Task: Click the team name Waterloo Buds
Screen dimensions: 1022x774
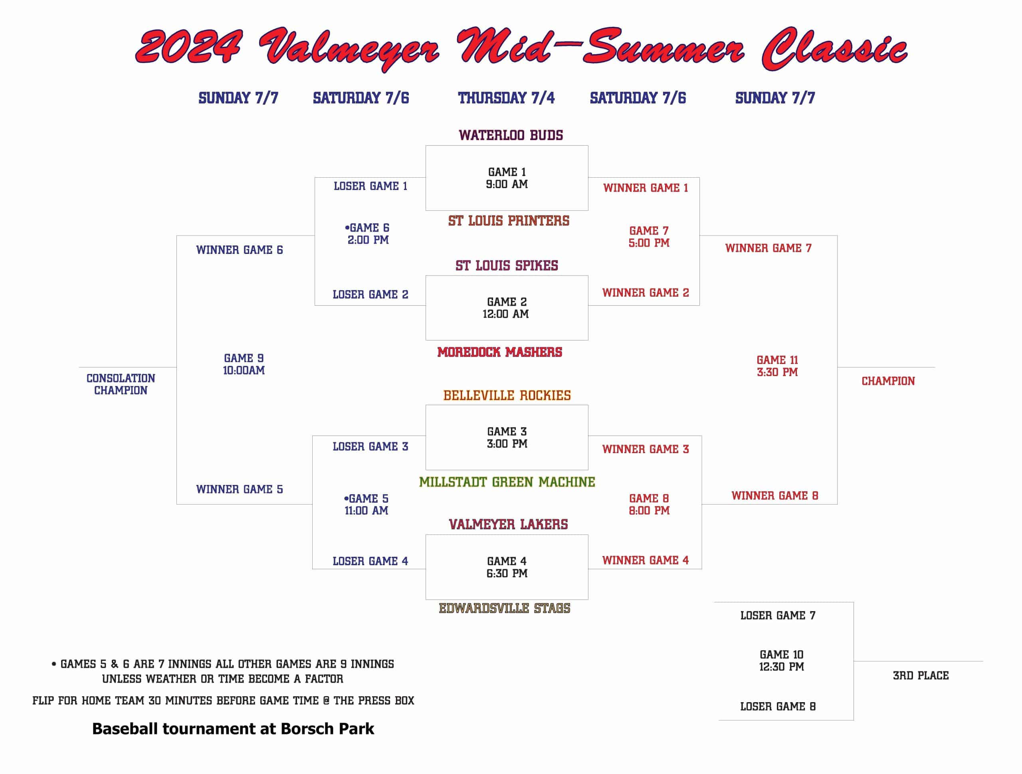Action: [511, 135]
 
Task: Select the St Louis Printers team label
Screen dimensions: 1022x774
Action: [508, 220]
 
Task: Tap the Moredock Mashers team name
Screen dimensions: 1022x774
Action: [499, 352]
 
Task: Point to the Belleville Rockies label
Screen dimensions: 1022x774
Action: [507, 395]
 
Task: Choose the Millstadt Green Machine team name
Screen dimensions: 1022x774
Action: [507, 482]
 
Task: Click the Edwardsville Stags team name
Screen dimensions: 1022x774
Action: [505, 608]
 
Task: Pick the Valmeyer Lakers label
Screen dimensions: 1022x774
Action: [508, 524]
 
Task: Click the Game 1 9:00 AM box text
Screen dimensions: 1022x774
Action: [507, 178]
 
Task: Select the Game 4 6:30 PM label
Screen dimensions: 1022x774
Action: [507, 567]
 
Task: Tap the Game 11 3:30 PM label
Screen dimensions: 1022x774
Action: [777, 366]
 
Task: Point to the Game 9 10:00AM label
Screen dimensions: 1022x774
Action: [244, 364]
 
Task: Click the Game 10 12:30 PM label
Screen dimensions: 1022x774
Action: [781, 660]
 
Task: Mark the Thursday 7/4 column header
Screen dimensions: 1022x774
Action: [506, 98]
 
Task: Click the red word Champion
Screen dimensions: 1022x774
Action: [888, 381]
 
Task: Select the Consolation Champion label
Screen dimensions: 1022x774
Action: [121, 384]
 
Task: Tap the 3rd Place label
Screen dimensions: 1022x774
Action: [921, 675]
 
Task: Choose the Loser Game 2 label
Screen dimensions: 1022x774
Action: [370, 294]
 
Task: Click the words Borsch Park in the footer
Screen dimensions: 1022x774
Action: [327, 729]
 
